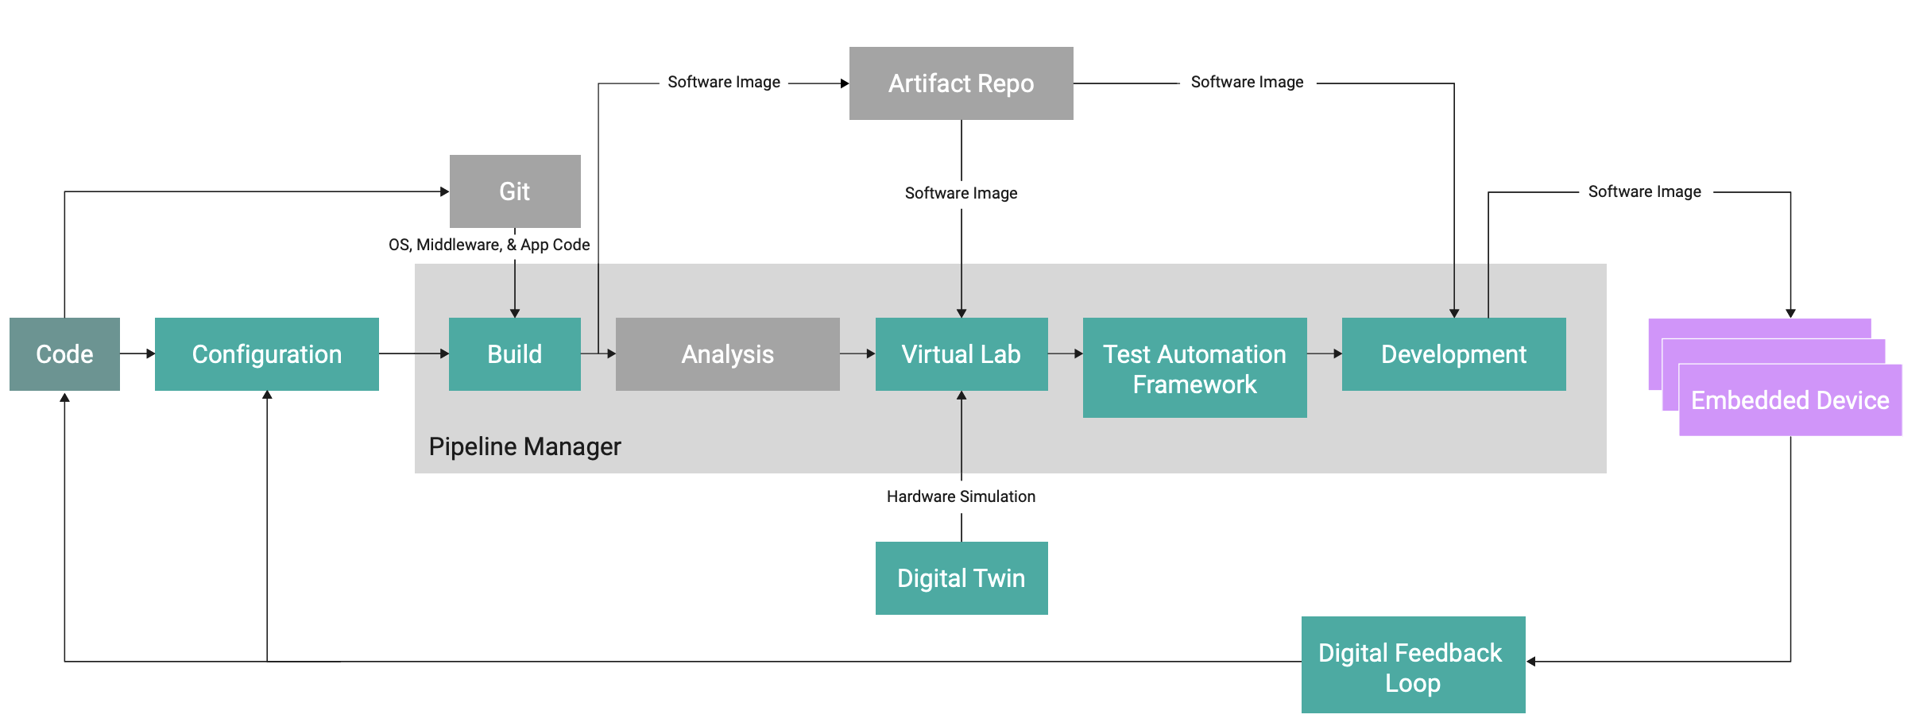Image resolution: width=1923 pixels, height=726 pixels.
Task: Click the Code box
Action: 64,354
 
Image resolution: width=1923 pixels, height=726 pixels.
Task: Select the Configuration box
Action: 266,354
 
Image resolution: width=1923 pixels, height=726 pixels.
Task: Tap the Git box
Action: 515,191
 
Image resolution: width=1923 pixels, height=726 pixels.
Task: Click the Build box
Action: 515,354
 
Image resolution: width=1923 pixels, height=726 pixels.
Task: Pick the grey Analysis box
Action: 727,354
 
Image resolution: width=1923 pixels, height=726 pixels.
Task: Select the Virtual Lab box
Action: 961,354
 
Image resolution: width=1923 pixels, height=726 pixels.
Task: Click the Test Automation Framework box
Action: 1194,369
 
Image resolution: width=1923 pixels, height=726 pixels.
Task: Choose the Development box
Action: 1453,354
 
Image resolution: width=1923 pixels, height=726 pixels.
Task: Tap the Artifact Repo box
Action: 961,83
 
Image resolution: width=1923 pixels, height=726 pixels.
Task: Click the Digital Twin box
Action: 961,578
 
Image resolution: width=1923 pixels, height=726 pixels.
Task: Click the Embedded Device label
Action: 1790,400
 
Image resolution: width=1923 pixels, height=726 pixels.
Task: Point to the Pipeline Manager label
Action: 524,446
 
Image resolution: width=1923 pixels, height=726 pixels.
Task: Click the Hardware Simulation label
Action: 961,496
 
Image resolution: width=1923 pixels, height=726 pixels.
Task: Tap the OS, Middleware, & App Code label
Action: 489,245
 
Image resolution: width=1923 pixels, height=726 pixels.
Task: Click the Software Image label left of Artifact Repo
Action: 723,83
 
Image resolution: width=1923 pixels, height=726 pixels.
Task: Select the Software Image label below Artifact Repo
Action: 961,193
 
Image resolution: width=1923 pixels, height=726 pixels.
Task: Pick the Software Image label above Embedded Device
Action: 1644,191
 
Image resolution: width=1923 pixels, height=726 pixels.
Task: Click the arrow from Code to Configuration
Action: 137,353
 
